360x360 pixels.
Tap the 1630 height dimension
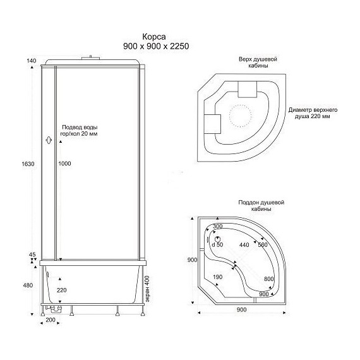28,164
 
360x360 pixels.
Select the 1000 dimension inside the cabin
64,164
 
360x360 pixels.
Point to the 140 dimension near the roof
31,61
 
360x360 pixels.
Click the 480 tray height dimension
28,285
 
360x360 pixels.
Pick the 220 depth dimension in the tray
62,290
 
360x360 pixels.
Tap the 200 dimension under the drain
51,320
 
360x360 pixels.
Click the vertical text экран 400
147,289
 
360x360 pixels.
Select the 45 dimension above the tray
32,255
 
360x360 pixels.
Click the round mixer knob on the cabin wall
49,140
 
